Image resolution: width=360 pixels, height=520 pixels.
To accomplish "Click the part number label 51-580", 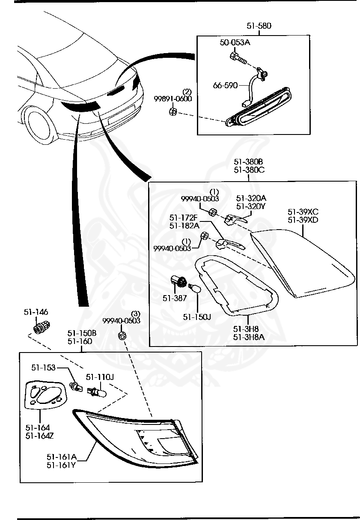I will point(259,26).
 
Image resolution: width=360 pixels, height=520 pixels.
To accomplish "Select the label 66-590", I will point(225,85).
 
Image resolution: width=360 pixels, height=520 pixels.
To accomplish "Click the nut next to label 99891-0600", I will point(173,112).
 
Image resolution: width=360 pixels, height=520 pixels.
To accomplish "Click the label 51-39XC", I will point(303,212).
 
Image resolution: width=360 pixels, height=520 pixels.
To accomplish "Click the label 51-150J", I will point(197,317).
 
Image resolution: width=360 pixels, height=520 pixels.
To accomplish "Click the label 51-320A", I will point(251,198).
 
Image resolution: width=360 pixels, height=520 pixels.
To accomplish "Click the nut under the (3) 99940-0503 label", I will point(122,335).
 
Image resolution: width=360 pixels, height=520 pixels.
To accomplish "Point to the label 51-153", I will point(43,368).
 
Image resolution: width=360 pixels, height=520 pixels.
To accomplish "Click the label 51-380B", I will point(249,161).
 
